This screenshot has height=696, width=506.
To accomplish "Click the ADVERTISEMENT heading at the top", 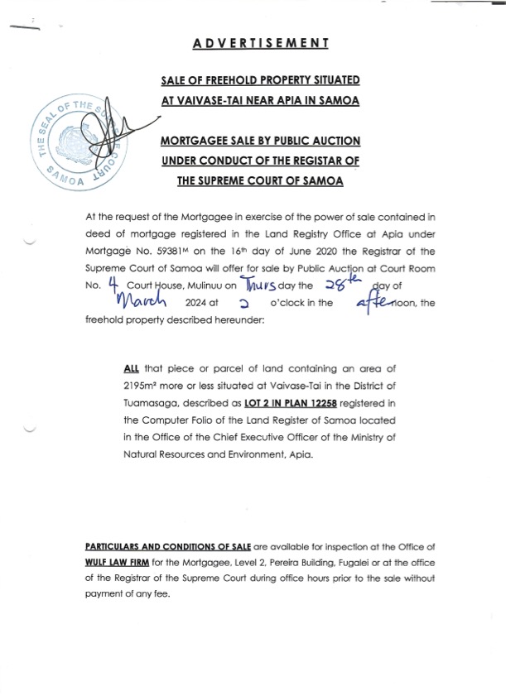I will coord(261,43).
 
